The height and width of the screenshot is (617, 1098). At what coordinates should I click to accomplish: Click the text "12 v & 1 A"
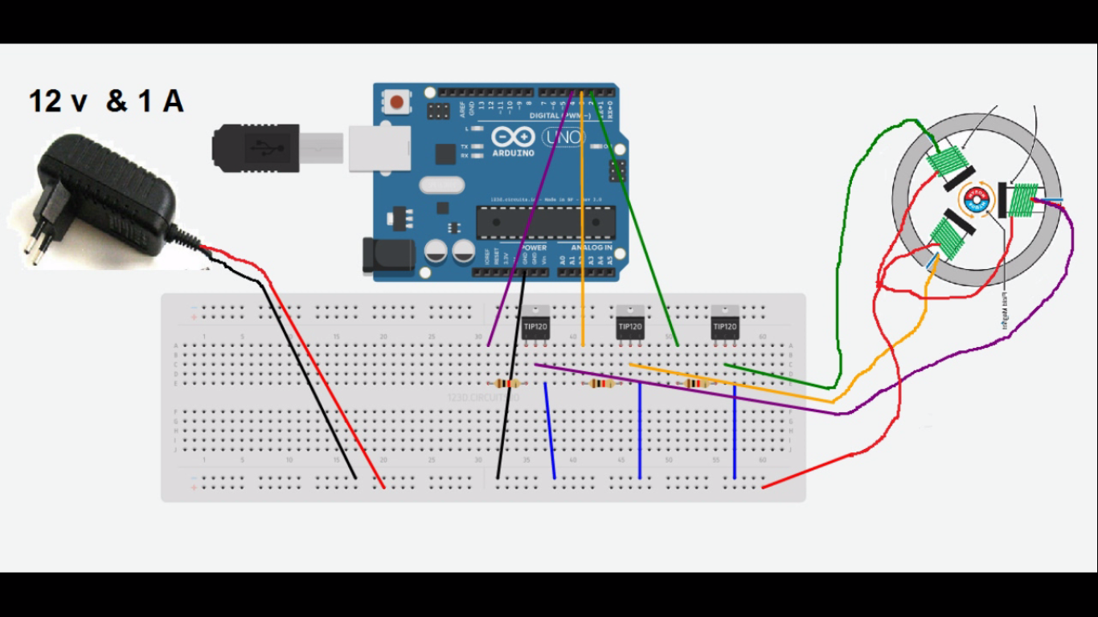[106, 101]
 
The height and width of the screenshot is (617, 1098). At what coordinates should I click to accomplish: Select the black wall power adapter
[104, 197]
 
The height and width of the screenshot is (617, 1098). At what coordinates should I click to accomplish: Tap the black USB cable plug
[255, 147]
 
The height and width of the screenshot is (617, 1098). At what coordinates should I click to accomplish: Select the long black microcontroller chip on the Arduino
[546, 223]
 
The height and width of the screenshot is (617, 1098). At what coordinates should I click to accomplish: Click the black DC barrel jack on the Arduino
[388, 255]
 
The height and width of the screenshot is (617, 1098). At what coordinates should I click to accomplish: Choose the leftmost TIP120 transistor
[535, 325]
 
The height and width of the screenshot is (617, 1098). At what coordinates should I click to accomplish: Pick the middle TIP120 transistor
[629, 325]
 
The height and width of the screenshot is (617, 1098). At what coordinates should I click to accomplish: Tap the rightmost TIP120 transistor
[724, 325]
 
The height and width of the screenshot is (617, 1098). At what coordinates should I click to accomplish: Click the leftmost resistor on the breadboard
[507, 384]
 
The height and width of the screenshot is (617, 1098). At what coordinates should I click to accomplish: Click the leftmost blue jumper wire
[550, 431]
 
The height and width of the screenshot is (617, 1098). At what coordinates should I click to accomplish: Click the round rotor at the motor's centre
[978, 199]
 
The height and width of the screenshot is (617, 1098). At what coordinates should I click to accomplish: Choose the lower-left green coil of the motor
[947, 239]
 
